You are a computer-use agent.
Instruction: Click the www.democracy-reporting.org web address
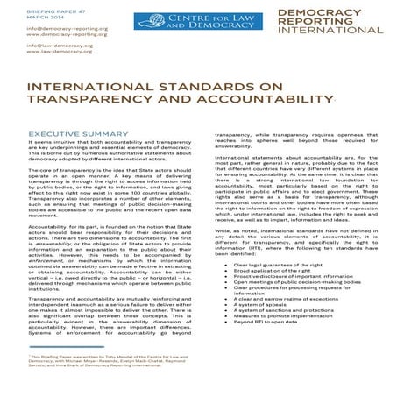click(48, 36)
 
